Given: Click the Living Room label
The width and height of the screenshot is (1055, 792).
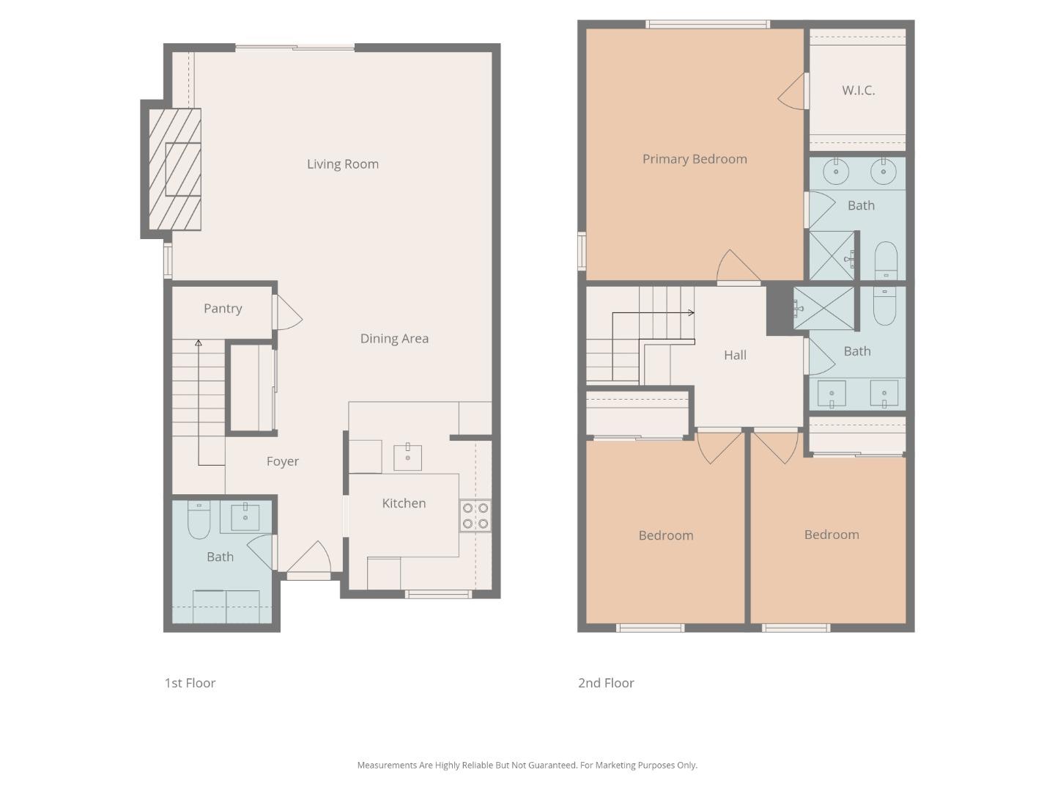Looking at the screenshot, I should (342, 164).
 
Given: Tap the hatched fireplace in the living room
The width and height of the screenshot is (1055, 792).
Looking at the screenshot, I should (175, 169).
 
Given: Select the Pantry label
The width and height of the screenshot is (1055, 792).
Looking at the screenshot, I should (223, 309).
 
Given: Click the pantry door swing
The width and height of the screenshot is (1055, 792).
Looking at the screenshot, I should (288, 313).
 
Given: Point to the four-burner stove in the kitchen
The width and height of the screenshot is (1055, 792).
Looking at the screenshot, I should (475, 516).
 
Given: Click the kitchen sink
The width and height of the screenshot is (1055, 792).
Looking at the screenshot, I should (407, 457).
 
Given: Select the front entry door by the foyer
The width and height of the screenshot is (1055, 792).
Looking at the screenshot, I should (309, 560).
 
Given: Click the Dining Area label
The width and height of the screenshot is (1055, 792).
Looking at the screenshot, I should (394, 339).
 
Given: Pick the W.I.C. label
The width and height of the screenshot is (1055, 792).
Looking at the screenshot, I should (858, 91).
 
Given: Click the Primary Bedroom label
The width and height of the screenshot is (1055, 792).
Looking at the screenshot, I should (695, 159).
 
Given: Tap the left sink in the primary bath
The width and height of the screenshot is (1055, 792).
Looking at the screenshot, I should (835, 172).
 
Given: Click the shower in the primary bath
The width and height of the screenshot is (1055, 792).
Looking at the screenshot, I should (832, 255).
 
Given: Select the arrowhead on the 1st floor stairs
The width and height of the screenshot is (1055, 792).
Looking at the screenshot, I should (199, 342).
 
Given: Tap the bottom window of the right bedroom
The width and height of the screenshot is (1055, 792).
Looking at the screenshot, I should (796, 628).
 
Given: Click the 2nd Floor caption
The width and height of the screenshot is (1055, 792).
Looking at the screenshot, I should (606, 683).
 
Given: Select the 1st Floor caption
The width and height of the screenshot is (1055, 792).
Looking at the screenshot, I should (190, 683).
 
